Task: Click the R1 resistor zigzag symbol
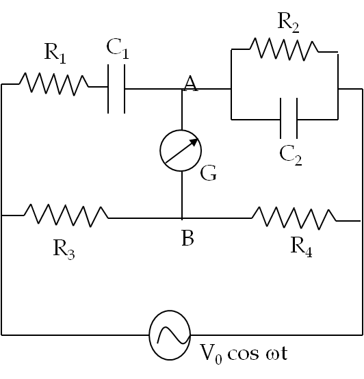[53, 84]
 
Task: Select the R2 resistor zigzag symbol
[284, 49]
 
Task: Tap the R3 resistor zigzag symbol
[66, 215]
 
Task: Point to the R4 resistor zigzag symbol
[294, 218]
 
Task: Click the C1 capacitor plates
[116, 89]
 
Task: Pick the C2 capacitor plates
[289, 118]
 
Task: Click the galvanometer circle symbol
[181, 151]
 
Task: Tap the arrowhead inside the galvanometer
[194, 142]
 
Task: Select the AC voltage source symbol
[170, 335]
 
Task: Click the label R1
[55, 53]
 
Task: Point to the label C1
[118, 49]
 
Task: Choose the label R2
[289, 23]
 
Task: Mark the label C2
[291, 155]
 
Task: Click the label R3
[64, 249]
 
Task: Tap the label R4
[302, 247]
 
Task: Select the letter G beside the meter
[209, 173]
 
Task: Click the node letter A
[190, 83]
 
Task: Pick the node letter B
[187, 238]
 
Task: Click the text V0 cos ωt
[244, 354]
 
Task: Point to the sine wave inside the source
[173, 335]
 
